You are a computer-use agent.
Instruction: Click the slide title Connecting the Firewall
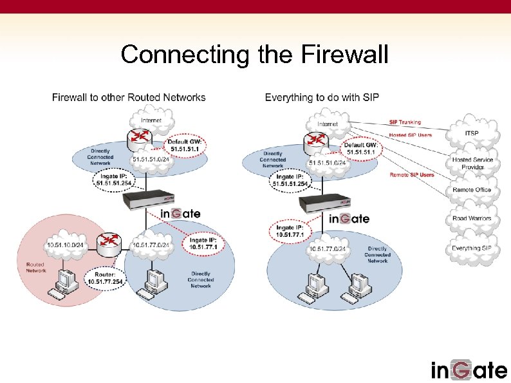(255, 55)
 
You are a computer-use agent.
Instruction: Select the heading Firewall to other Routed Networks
(129, 98)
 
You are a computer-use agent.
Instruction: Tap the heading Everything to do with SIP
(322, 98)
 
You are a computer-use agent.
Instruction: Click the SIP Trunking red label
(405, 122)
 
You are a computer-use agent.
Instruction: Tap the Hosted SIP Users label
(411, 135)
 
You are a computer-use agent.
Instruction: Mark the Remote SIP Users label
(412, 174)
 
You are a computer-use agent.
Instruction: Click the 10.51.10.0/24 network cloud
(66, 245)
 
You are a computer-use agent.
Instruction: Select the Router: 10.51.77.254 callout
(104, 277)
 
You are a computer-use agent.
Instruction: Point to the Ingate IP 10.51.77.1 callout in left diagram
(203, 244)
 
